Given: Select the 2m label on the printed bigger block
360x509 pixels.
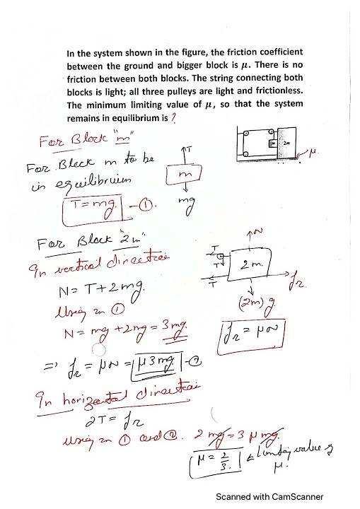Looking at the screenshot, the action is pyautogui.click(x=286, y=143).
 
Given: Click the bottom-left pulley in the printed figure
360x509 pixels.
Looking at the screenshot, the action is pyautogui.click(x=244, y=154).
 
